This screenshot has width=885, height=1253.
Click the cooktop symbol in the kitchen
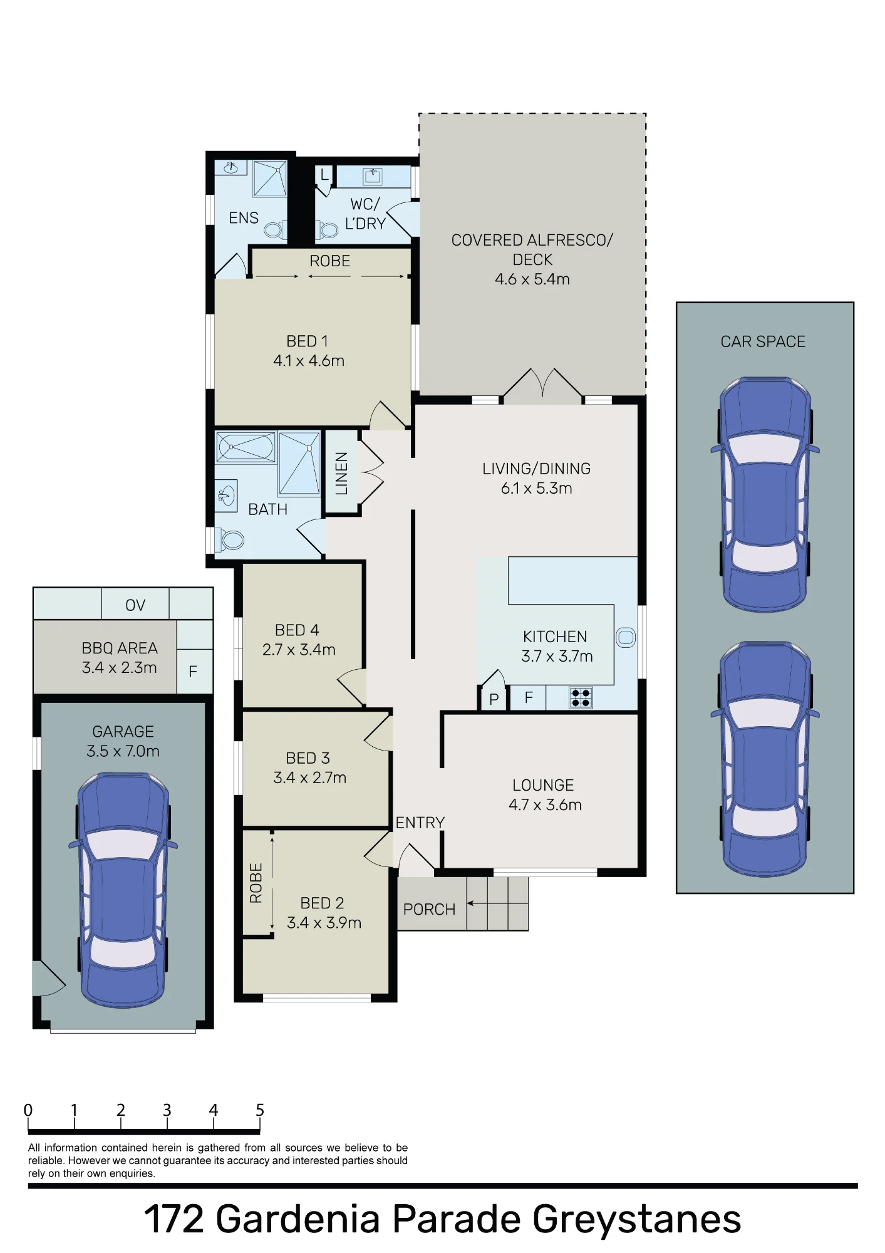pyautogui.click(x=581, y=698)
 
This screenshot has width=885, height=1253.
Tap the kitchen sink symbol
pyautogui.click(x=626, y=638)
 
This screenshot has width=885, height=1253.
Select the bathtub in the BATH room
pyautogui.click(x=246, y=447)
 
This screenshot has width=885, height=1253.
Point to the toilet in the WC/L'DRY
pyautogui.click(x=326, y=230)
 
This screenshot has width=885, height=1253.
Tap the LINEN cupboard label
pyautogui.click(x=341, y=474)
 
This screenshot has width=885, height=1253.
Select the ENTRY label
pyautogui.click(x=420, y=823)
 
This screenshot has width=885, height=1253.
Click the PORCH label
pyautogui.click(x=429, y=909)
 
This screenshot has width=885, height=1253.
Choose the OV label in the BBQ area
pyautogui.click(x=135, y=605)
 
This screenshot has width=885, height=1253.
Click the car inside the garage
pyautogui.click(x=123, y=890)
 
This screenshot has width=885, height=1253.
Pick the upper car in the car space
pyautogui.click(x=765, y=494)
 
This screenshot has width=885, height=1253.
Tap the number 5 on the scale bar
pyautogui.click(x=260, y=1110)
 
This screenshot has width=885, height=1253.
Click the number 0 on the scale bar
pyautogui.click(x=28, y=1110)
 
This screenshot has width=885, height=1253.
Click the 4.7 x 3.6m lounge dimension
pyautogui.click(x=545, y=805)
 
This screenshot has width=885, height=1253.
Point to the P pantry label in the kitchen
pyautogui.click(x=494, y=699)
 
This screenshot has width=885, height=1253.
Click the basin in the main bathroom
pyautogui.click(x=226, y=496)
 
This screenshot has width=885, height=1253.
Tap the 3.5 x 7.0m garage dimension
pyautogui.click(x=123, y=751)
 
